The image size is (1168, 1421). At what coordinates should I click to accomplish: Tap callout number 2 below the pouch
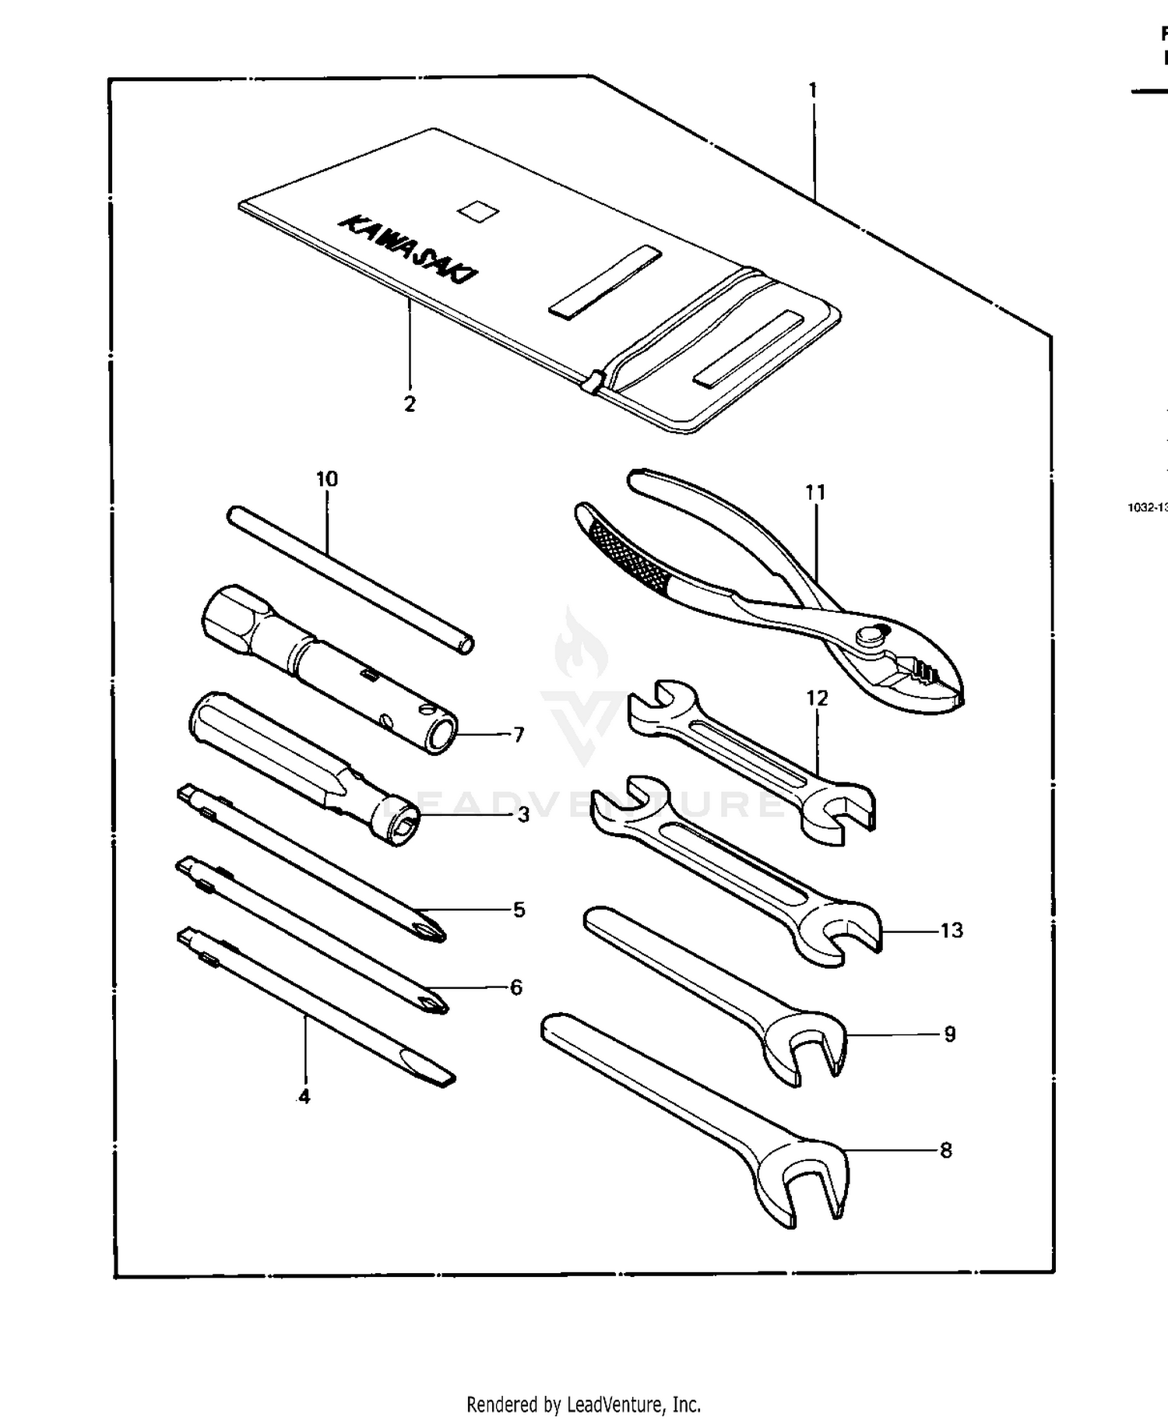click(410, 404)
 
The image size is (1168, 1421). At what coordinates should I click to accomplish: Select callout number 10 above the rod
click(327, 479)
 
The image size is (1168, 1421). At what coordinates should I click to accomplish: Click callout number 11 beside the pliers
click(815, 492)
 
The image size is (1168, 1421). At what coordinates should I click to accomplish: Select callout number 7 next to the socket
click(519, 734)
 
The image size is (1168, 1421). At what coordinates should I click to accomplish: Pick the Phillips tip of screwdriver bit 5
click(431, 927)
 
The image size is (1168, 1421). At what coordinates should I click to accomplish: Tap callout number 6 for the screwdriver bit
click(516, 987)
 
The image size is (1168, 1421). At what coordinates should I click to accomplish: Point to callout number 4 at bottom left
click(304, 1096)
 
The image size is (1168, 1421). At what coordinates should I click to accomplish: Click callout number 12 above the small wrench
click(817, 698)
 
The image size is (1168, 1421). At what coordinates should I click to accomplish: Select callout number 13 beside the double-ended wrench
click(952, 930)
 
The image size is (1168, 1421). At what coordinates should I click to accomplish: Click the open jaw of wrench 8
click(816, 1182)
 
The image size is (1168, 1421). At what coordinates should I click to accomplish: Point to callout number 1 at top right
click(813, 90)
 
